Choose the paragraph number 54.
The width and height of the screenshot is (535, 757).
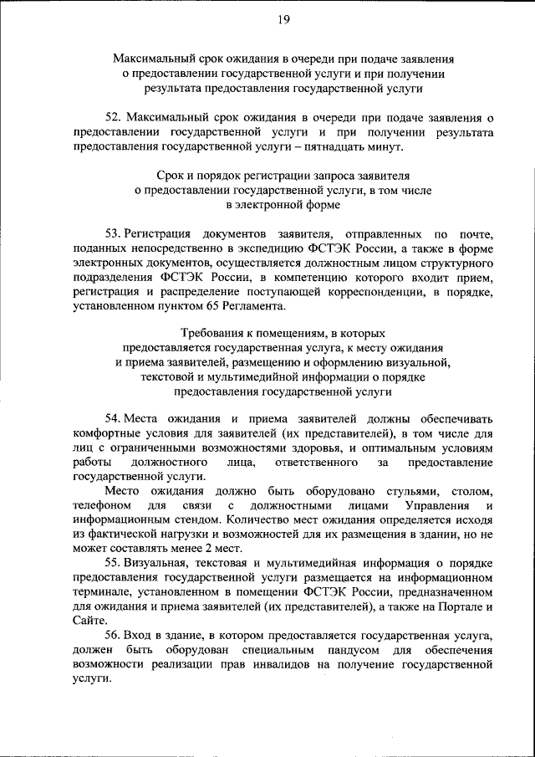point(115,418)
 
